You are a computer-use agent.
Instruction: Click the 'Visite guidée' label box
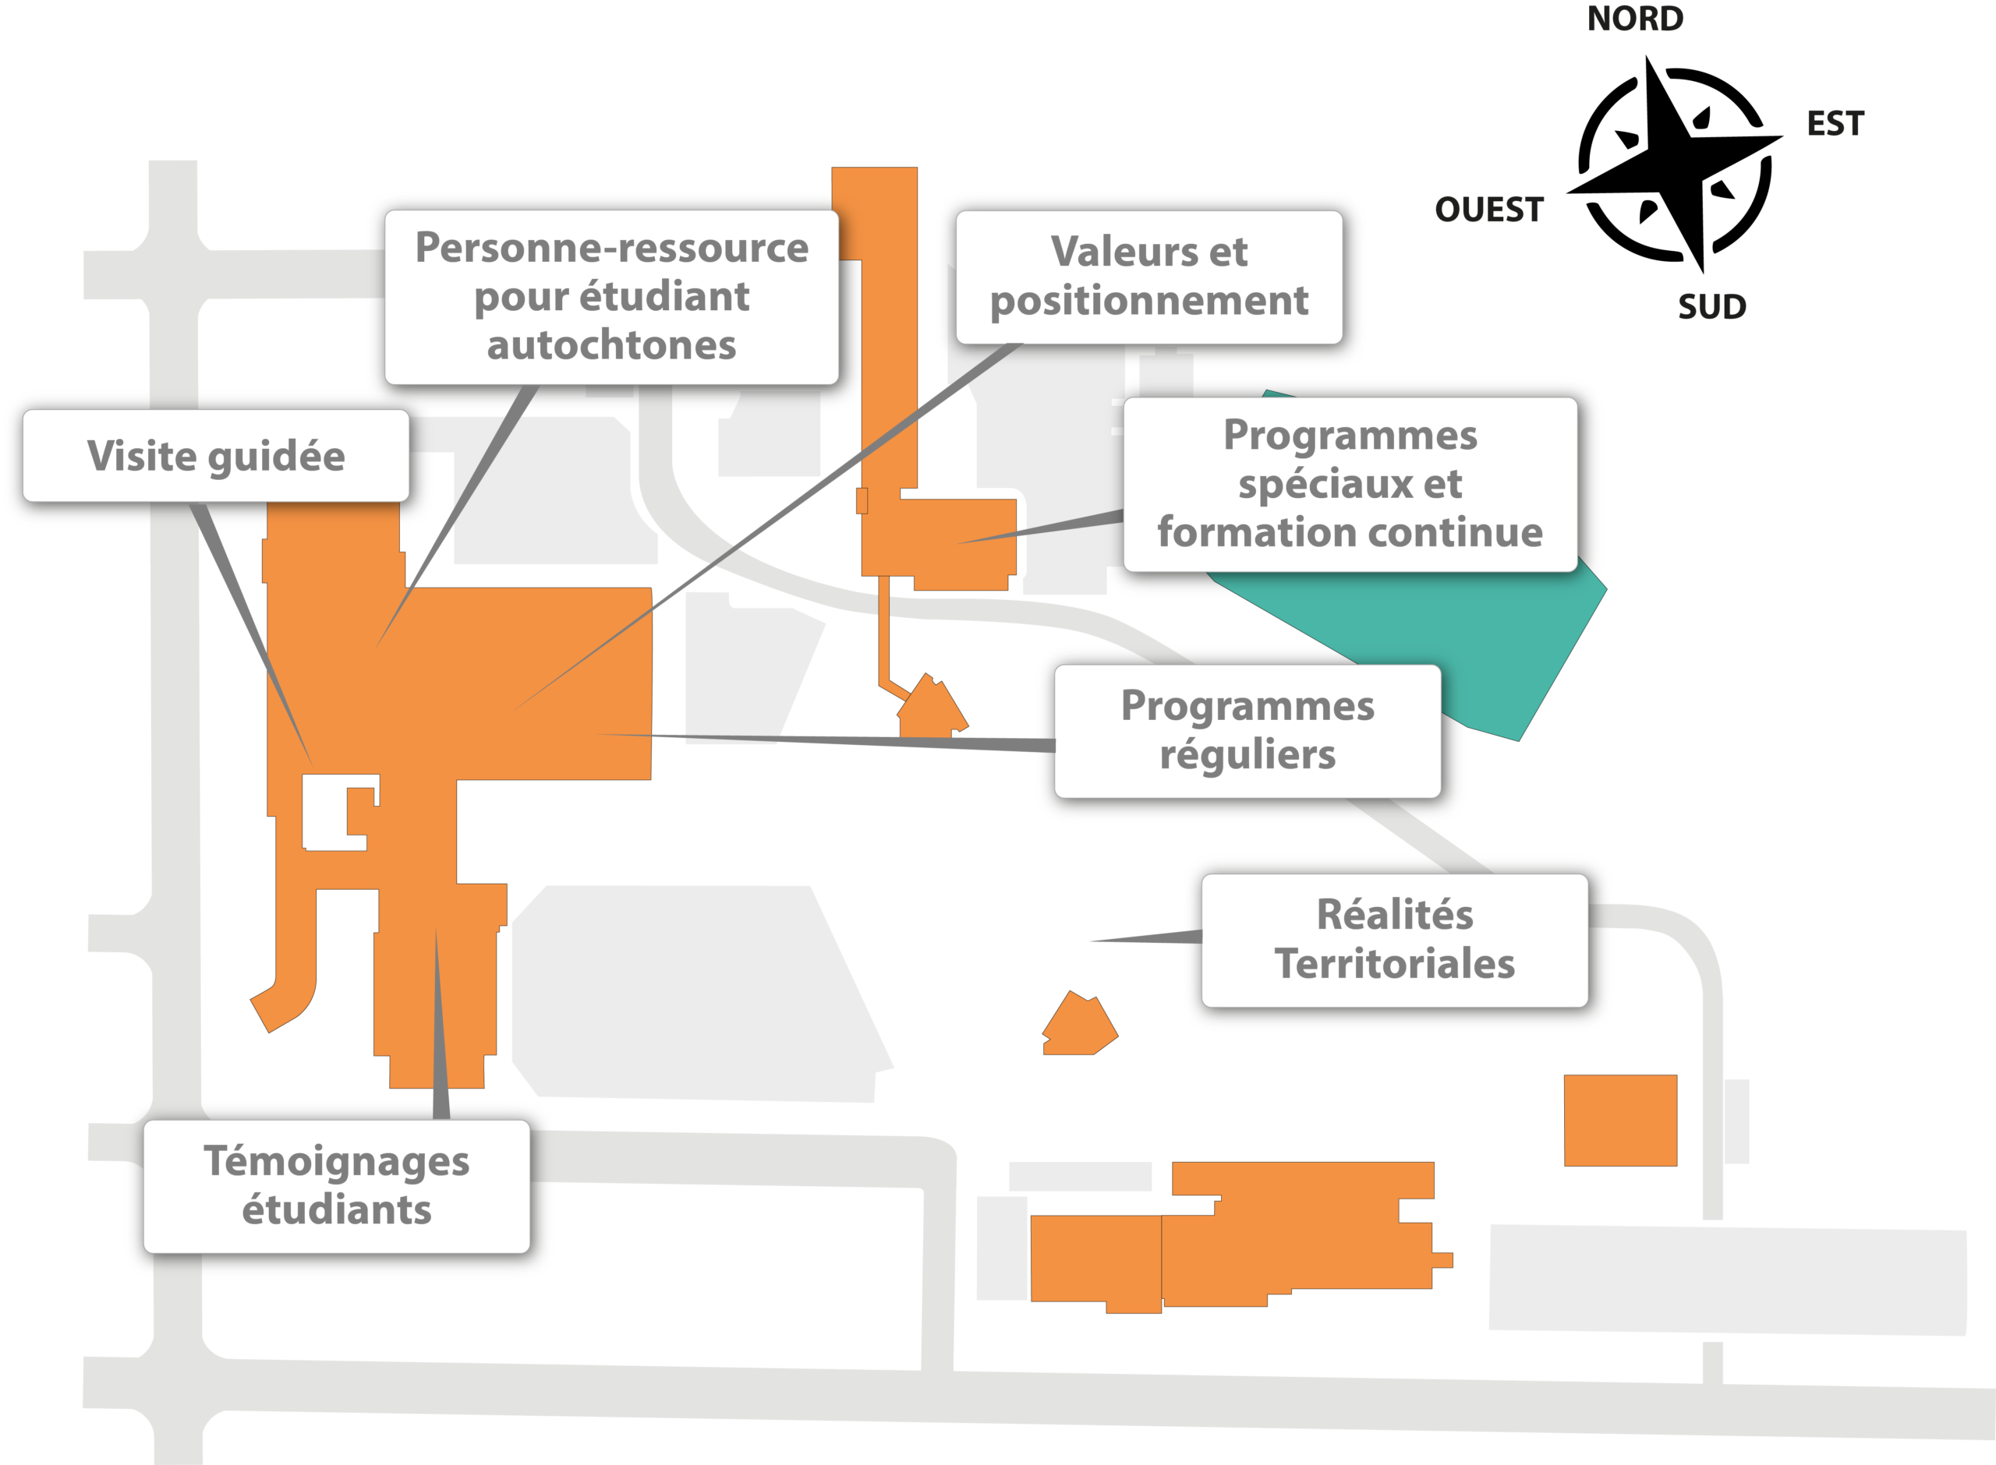(x=215, y=456)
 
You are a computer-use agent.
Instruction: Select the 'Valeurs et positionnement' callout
(x=1148, y=277)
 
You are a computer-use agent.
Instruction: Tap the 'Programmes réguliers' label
(x=1247, y=731)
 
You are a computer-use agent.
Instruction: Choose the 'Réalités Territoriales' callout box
(x=1395, y=940)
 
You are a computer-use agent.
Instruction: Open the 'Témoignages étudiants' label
(x=336, y=1187)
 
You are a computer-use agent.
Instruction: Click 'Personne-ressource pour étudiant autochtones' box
(x=611, y=297)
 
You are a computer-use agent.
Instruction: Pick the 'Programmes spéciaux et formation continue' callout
(x=1350, y=484)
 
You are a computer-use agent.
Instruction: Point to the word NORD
(x=1635, y=19)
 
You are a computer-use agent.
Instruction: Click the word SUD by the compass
(x=1712, y=307)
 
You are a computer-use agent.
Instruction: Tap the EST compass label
(x=1835, y=123)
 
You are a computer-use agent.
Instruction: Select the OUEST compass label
(x=1489, y=210)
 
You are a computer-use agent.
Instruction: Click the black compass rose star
(x=1674, y=164)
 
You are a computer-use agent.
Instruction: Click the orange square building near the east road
(x=1620, y=1120)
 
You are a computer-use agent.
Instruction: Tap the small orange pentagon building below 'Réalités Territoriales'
(x=1079, y=1025)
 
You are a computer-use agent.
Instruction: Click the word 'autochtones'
(x=611, y=345)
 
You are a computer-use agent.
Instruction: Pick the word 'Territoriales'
(x=1395, y=964)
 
